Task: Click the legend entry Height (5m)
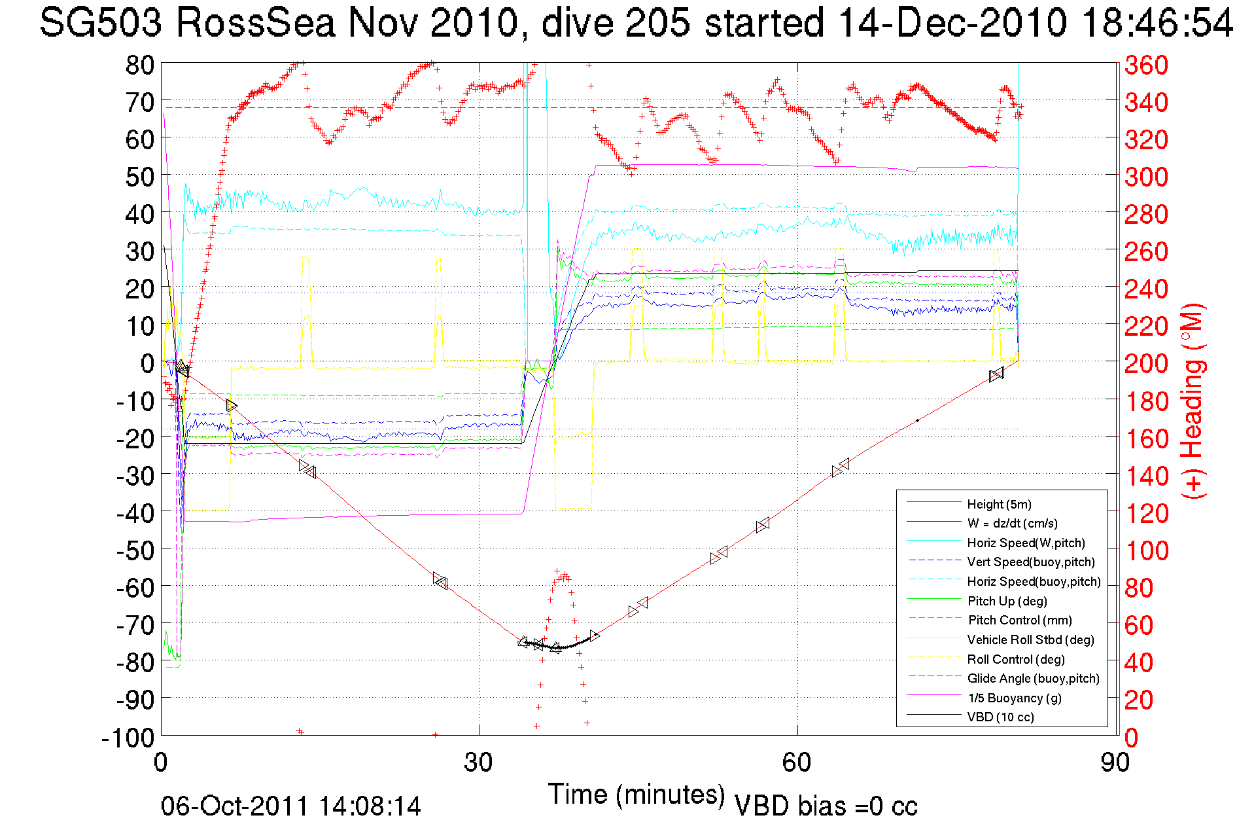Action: click(999, 504)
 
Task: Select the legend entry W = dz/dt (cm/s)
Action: click(1012, 523)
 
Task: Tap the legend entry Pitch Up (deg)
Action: click(1007, 601)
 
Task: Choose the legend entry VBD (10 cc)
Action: click(1000, 717)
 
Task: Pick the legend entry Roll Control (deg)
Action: click(1015, 659)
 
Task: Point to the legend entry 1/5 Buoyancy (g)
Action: click(1014, 698)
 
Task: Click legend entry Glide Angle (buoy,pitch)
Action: click(1033, 678)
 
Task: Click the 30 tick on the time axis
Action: click(478, 763)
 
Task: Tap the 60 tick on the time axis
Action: click(797, 763)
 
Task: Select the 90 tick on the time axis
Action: click(1114, 763)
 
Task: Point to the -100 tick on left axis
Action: click(128, 738)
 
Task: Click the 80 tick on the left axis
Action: click(139, 65)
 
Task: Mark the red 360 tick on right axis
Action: click(1146, 65)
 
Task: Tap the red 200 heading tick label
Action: click(1146, 363)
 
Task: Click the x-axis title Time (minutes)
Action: click(636, 795)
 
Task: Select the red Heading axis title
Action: click(1193, 401)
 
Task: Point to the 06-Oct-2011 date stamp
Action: click(290, 806)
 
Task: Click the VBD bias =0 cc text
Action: click(826, 806)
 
